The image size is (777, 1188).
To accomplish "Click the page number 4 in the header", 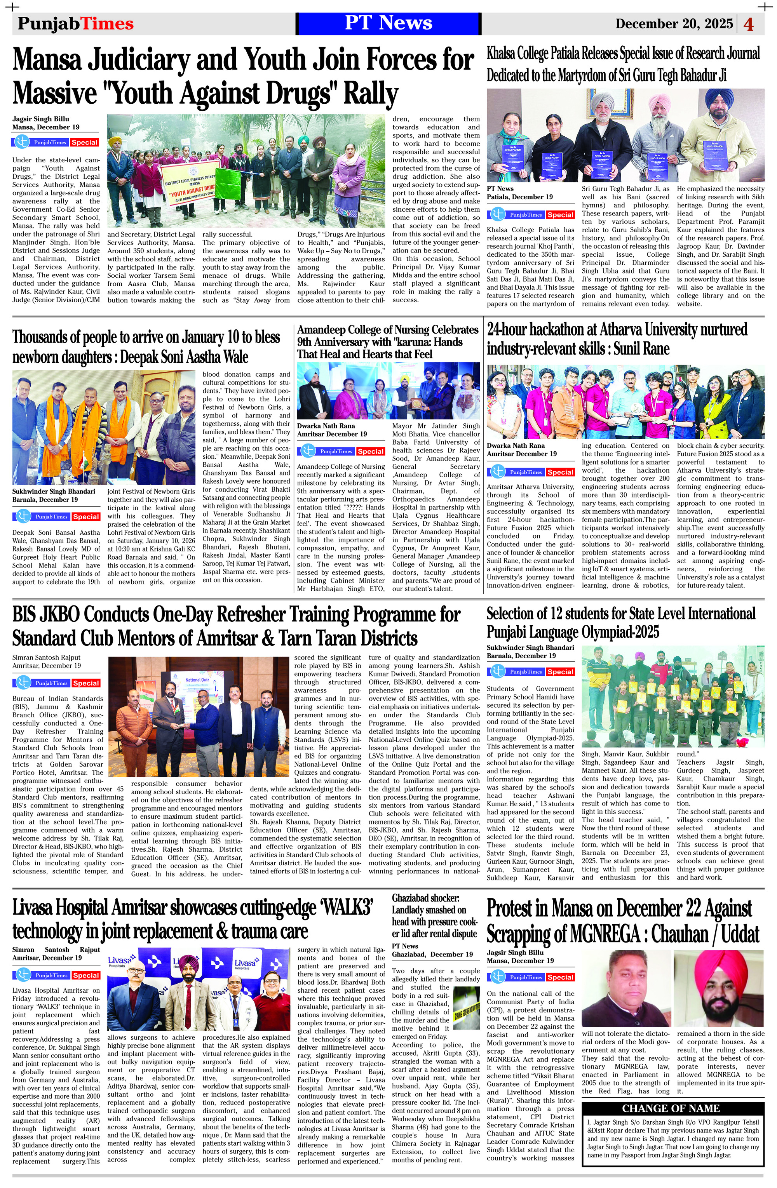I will point(748,24).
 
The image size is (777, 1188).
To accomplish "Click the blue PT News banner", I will point(388,23).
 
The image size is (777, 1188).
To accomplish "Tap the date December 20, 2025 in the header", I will point(674,23).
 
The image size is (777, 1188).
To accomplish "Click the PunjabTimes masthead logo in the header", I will point(75,23).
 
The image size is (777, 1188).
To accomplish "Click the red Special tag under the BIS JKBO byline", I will point(86,683).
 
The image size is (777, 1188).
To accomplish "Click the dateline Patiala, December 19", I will point(519,197).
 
